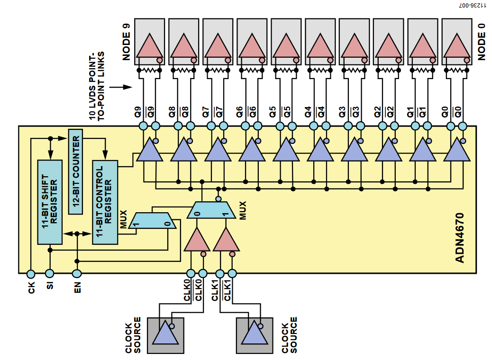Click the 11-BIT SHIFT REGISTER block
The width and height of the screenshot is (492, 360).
pyautogui.click(x=50, y=202)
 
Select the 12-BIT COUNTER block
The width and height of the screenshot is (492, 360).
pyautogui.click(x=76, y=171)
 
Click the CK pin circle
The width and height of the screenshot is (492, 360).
pyautogui.click(x=31, y=273)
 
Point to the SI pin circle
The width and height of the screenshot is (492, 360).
pyautogui.click(x=49, y=273)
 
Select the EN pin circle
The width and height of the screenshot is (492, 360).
pyautogui.click(x=77, y=273)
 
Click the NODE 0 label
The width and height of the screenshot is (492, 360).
pyautogui.click(x=482, y=43)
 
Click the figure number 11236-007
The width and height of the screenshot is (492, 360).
pyautogui.click(x=472, y=6)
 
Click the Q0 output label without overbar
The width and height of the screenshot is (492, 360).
pyautogui.click(x=445, y=112)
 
